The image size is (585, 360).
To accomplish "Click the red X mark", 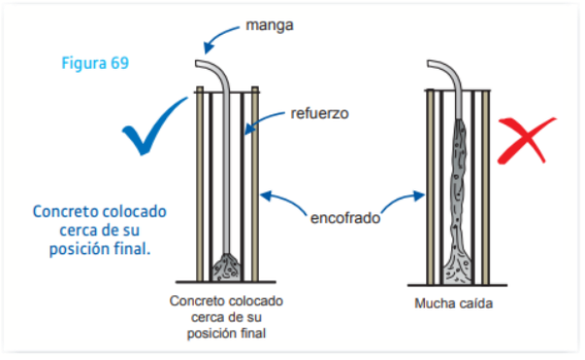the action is pyautogui.click(x=525, y=140).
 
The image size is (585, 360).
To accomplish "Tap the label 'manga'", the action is pyautogui.click(x=270, y=26).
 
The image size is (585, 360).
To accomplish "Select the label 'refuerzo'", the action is pyautogui.click(x=320, y=113).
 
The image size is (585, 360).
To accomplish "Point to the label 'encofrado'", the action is pyautogui.click(x=345, y=218).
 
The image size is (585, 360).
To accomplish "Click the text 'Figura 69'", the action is pyautogui.click(x=95, y=63).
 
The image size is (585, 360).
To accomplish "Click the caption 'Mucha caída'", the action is pyautogui.click(x=454, y=304).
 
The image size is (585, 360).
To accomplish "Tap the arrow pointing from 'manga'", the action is pyautogui.click(x=218, y=36).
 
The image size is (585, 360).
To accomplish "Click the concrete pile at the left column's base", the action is pyautogui.click(x=225, y=268).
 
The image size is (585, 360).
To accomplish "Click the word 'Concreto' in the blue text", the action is pyautogui.click(x=62, y=212).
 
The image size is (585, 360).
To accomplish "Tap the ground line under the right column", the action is pyautogui.click(x=457, y=285).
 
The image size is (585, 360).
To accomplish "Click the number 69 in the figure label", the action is pyautogui.click(x=119, y=63).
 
